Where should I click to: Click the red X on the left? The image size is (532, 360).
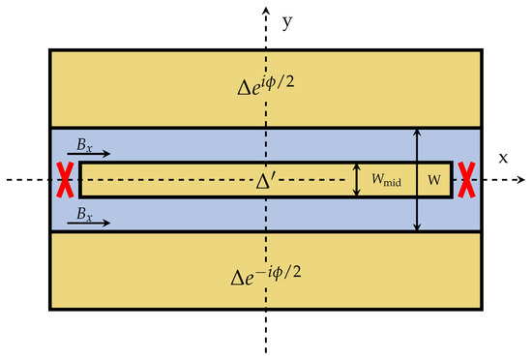point(65,180)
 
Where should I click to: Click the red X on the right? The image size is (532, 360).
point(466,180)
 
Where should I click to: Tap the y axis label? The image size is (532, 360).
point(285,19)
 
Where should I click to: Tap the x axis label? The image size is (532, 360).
point(503,158)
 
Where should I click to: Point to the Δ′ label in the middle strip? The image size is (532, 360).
point(267,179)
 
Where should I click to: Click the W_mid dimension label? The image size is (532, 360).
point(383,180)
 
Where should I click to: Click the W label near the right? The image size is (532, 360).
point(435,180)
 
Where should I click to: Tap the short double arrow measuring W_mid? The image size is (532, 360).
point(358,180)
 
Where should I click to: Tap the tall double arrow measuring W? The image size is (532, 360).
point(417,180)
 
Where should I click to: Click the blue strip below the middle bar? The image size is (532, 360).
point(193,215)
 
